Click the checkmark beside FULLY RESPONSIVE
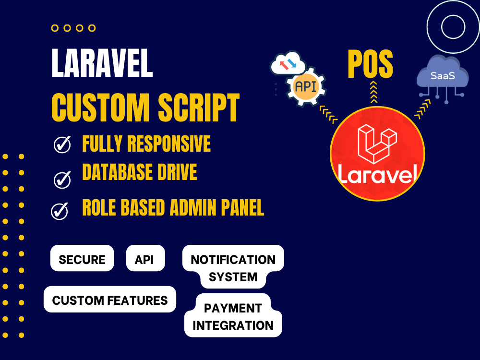(62, 145)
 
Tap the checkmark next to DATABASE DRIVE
(62, 180)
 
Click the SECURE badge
(82, 260)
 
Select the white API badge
(145, 260)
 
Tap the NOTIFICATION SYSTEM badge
(233, 268)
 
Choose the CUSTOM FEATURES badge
(110, 300)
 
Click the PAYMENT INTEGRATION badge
(233, 316)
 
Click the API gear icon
(305, 87)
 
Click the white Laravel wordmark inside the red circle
(377, 174)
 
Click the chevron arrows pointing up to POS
(373, 92)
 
